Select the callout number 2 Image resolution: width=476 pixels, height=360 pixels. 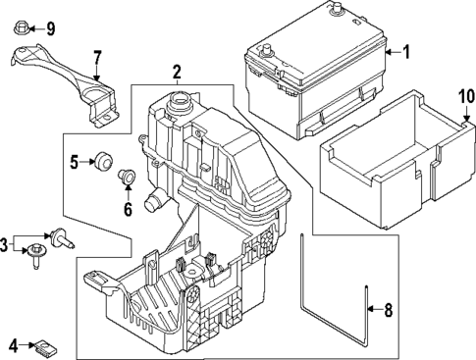pos(176,71)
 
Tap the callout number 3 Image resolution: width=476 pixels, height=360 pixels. pos(5,243)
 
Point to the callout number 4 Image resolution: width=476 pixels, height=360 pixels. pos(13,344)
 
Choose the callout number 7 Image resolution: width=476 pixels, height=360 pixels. pos(96,56)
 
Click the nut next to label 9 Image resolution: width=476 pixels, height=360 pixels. pos(25,26)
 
